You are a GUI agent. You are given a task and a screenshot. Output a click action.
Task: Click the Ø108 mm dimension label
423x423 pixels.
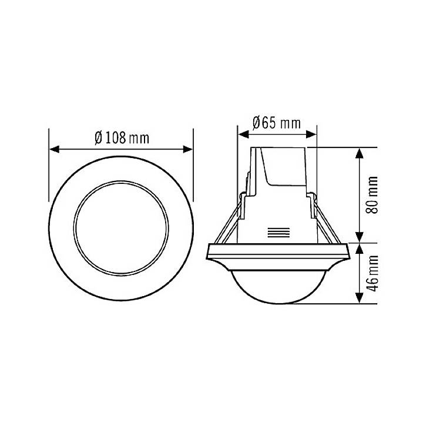point(122,138)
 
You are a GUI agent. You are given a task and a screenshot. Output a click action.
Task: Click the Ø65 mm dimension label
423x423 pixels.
point(276,123)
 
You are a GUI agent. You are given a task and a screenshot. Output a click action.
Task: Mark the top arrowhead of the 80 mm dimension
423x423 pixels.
point(359,152)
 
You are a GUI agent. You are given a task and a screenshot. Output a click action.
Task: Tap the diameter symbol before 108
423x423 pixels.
point(98,138)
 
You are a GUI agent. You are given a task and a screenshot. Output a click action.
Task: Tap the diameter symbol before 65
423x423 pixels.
point(256,123)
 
